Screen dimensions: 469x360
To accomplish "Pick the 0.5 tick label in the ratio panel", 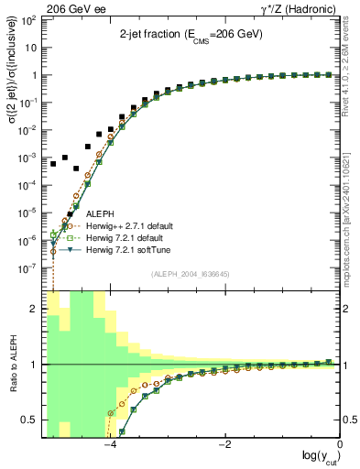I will point(30,420).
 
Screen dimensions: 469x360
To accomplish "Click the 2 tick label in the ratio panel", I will point(35,309).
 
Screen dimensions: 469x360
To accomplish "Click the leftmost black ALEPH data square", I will point(53,164).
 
